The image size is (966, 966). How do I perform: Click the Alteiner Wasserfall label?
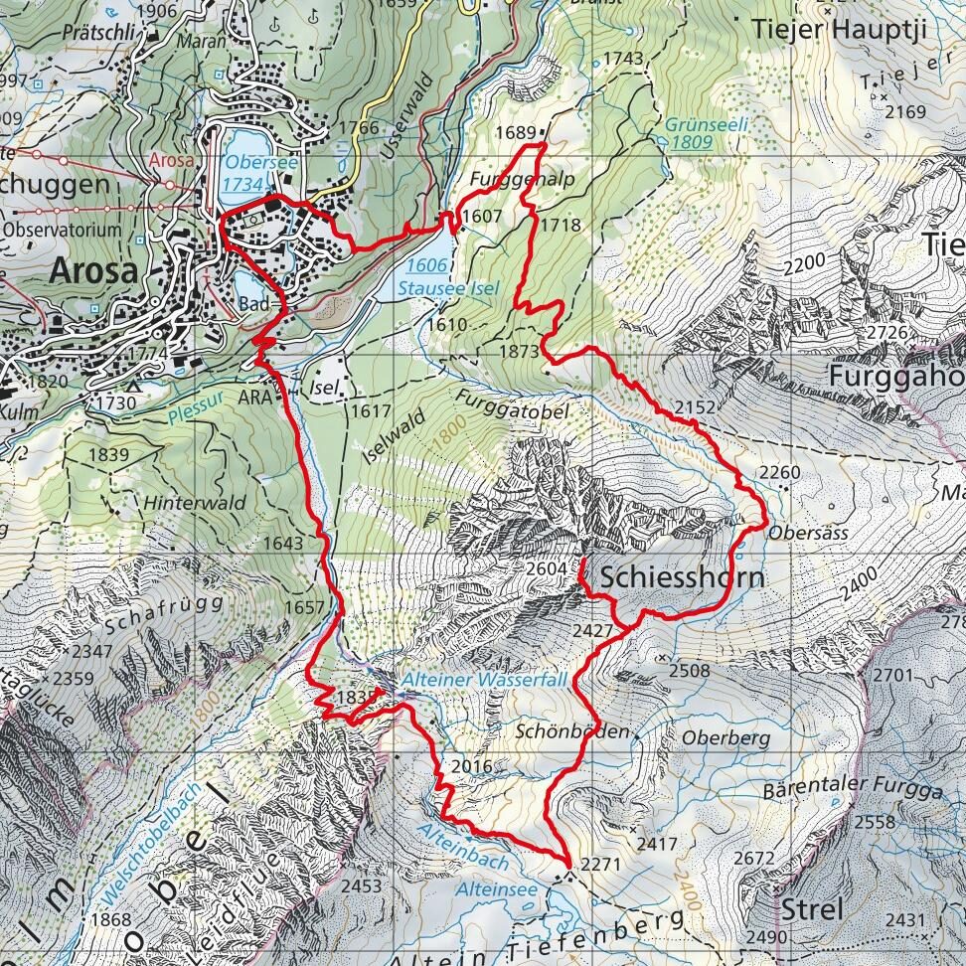pyautogui.click(x=484, y=680)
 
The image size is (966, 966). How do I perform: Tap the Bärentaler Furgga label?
pyautogui.click(x=852, y=792)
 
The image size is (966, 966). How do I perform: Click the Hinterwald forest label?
pyautogui.click(x=195, y=503)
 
